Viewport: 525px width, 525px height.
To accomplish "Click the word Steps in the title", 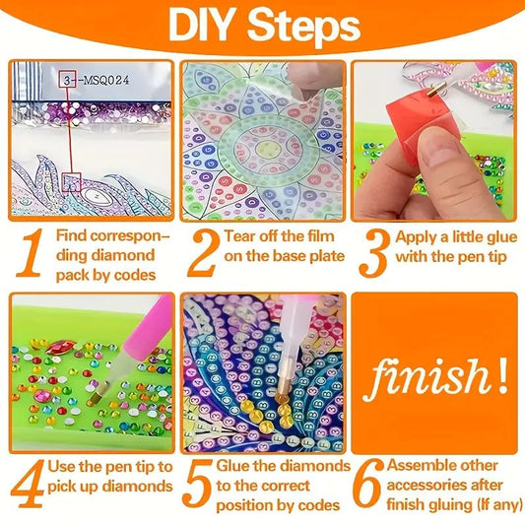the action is click(303, 28).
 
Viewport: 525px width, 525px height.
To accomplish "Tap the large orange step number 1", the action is click(31, 252).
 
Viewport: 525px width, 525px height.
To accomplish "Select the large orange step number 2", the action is click(203, 253).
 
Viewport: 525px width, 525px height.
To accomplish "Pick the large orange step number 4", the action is click(28, 484).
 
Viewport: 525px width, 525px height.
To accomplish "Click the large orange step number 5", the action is click(199, 484).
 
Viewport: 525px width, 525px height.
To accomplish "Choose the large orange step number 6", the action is click(368, 484).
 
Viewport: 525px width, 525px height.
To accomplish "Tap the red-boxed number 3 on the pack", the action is click(67, 81).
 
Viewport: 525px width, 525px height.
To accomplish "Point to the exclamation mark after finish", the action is click(502, 375).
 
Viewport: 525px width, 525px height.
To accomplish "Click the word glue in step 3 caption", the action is click(501, 238).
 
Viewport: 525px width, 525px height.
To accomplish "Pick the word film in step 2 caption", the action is click(321, 236).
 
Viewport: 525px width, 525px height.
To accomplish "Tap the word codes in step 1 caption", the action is click(135, 275).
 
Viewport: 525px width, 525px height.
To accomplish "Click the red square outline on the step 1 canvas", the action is click(71, 182).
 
